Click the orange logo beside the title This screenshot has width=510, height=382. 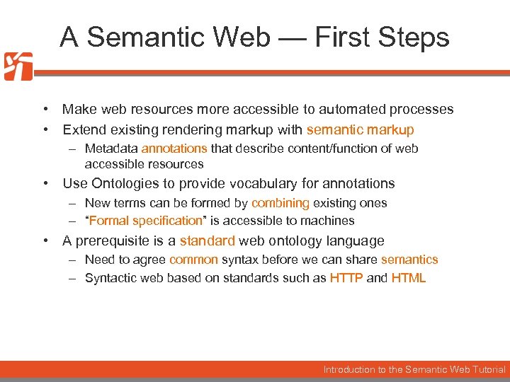click(x=18, y=66)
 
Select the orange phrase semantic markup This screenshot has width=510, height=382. click(x=360, y=129)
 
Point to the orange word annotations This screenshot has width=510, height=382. click(x=174, y=149)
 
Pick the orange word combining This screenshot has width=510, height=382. click(x=280, y=203)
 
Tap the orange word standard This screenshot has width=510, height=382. click(x=207, y=241)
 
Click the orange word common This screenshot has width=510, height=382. click(x=193, y=260)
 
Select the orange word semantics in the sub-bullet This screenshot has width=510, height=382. click(x=409, y=260)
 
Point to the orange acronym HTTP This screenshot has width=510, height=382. click(x=346, y=278)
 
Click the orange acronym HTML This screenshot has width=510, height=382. click(x=409, y=278)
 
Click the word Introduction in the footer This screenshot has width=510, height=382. click(x=350, y=369)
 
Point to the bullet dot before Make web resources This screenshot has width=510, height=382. click(x=45, y=110)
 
